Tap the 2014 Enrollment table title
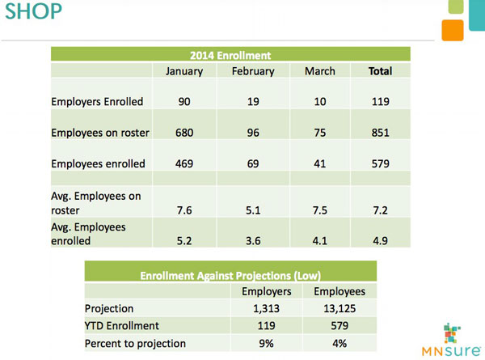(230, 55)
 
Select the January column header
(183, 71)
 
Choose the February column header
(252, 71)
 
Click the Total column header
(380, 71)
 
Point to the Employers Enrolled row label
(97, 102)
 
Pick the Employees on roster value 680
(183, 133)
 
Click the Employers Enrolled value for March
(320, 102)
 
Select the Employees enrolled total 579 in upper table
(380, 163)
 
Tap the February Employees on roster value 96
(252, 133)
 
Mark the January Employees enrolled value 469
(183, 163)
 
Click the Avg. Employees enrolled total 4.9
(380, 240)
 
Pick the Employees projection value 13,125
(339, 308)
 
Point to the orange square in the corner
(453, 30)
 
